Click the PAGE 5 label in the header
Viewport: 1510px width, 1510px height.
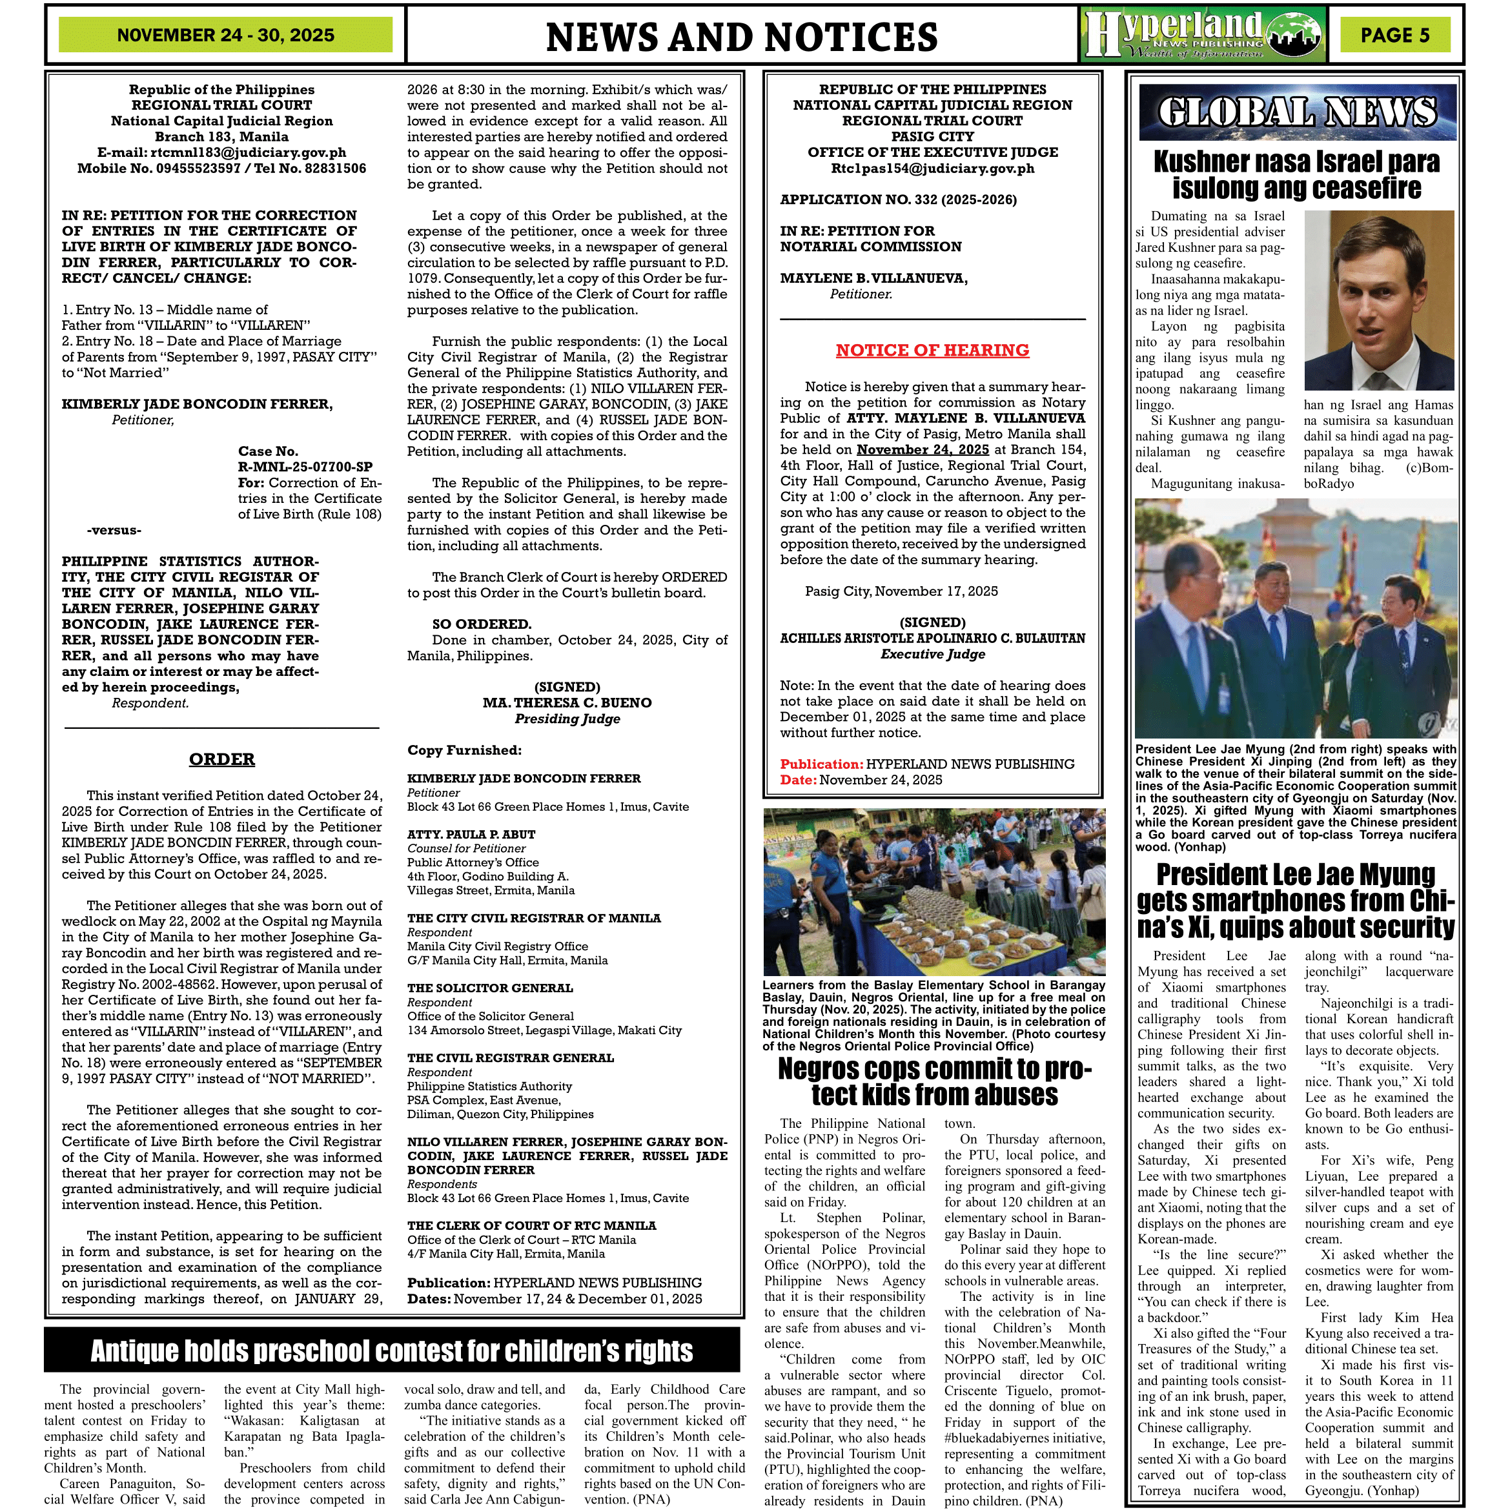click(1394, 35)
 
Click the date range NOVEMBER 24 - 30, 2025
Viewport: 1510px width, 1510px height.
click(225, 35)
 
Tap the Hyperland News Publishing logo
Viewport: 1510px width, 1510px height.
click(1203, 34)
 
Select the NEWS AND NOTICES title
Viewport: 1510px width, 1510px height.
click(741, 37)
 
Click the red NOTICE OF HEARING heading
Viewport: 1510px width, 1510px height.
click(932, 350)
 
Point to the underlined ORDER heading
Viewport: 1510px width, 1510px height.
click(222, 759)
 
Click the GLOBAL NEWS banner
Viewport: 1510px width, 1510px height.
click(1298, 112)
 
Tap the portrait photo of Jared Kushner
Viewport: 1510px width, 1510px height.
click(1379, 300)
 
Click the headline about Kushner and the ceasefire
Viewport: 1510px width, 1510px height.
click(1296, 175)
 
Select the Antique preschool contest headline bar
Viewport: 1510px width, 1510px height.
click(392, 1351)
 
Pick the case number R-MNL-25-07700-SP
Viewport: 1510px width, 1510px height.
click(305, 467)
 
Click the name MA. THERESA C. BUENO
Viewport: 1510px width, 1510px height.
click(567, 702)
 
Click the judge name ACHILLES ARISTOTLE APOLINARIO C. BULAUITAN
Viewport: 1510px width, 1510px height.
click(932, 638)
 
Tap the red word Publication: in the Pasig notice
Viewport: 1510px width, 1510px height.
click(821, 764)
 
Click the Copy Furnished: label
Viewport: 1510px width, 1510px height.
click(464, 750)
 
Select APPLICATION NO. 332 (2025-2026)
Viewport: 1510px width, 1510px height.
click(898, 199)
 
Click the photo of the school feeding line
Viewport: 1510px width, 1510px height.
click(934, 892)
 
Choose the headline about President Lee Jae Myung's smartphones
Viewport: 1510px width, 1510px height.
click(1296, 901)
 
